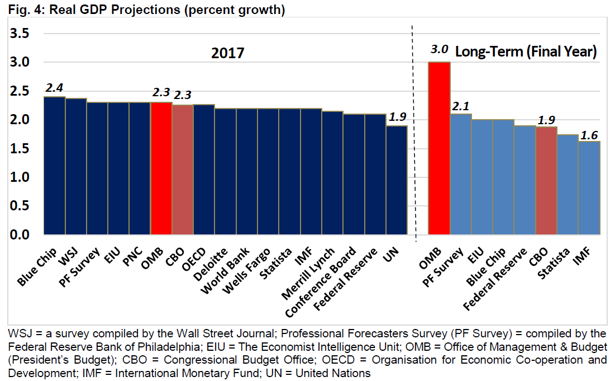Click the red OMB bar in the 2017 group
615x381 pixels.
point(161,168)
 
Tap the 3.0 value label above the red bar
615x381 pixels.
point(440,50)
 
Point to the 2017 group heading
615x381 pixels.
point(228,54)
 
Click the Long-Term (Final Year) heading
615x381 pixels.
point(526,52)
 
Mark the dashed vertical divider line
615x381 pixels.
point(413,134)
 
